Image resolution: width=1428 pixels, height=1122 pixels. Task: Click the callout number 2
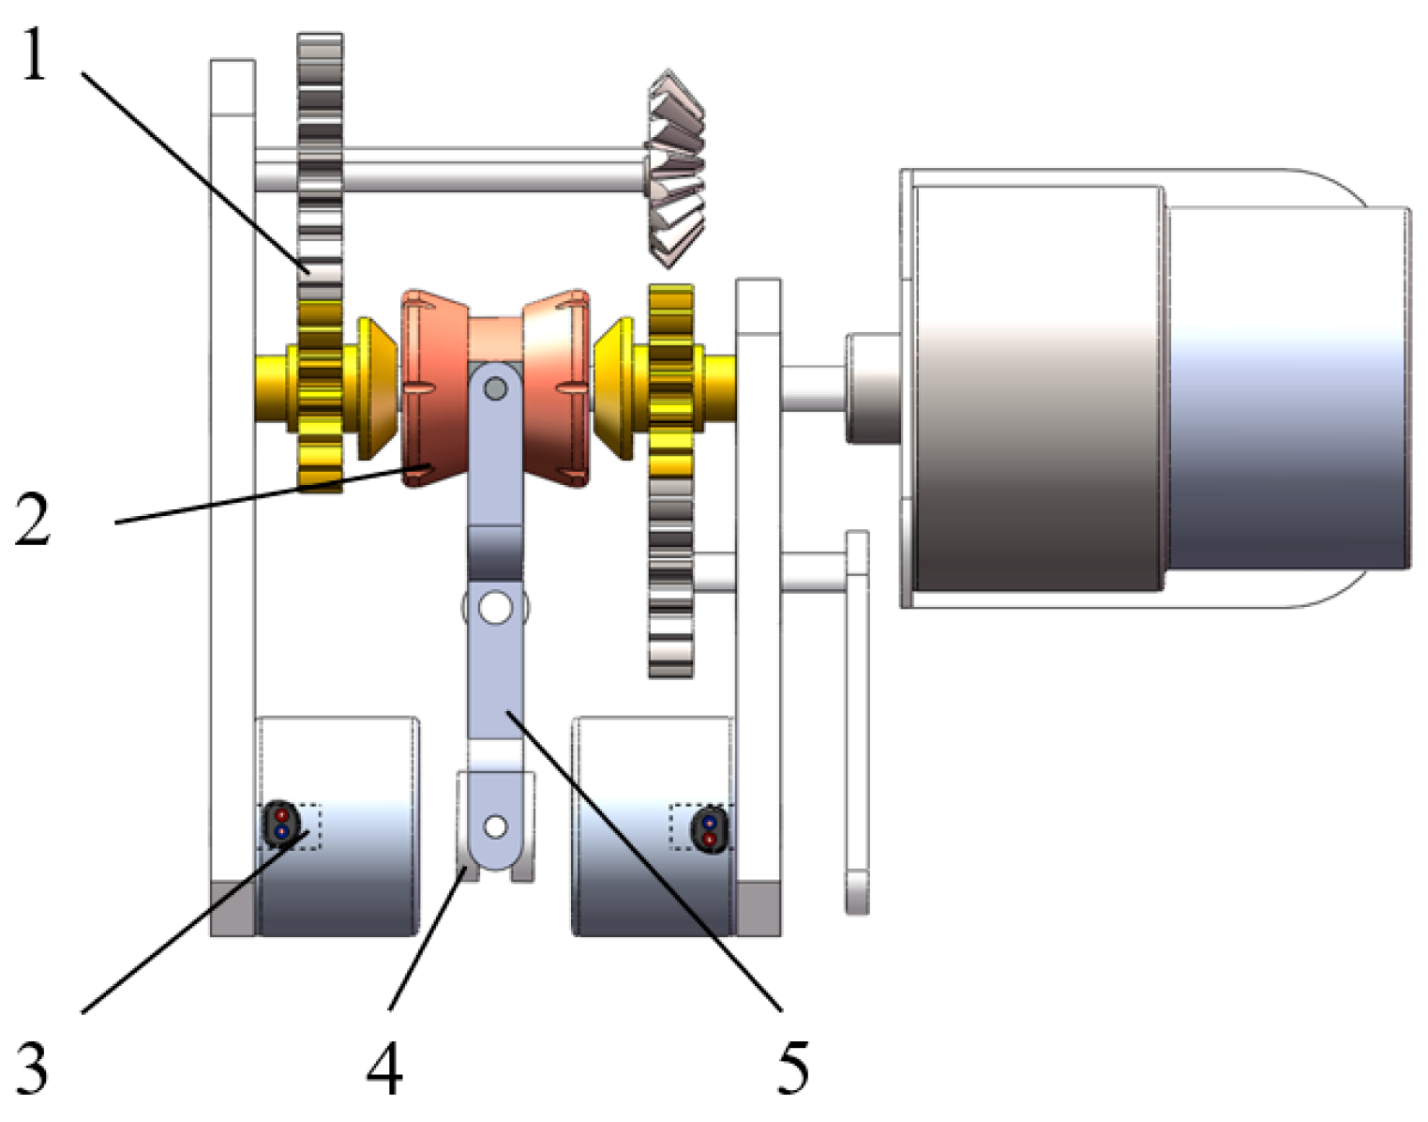click(33, 519)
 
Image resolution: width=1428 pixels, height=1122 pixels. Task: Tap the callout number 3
click(33, 1067)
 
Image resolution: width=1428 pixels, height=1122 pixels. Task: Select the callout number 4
click(384, 1069)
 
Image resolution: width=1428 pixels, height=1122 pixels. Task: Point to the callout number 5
click(792, 1067)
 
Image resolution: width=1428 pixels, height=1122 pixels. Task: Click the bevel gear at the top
click(676, 169)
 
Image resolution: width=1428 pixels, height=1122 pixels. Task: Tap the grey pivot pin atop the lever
click(495, 387)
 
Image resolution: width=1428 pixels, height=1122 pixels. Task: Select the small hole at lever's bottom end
click(495, 826)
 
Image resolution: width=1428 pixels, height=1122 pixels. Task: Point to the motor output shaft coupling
click(872, 387)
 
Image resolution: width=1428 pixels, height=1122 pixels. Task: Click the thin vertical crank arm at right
click(857, 722)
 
